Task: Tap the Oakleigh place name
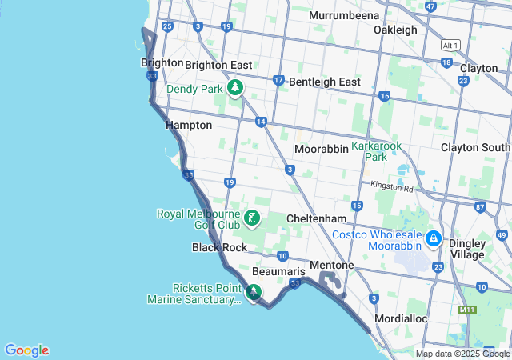395,30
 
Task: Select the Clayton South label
475,147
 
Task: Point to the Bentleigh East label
325,82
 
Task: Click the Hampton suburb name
189,125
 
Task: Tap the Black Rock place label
219,247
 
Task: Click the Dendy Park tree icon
235,87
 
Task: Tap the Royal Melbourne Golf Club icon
252,218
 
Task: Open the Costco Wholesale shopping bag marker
434,238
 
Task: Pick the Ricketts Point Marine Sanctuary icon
254,293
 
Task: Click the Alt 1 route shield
450,46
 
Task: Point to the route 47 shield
431,6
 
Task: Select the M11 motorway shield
466,309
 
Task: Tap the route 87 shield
480,207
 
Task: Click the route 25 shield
167,26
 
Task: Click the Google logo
26,350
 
